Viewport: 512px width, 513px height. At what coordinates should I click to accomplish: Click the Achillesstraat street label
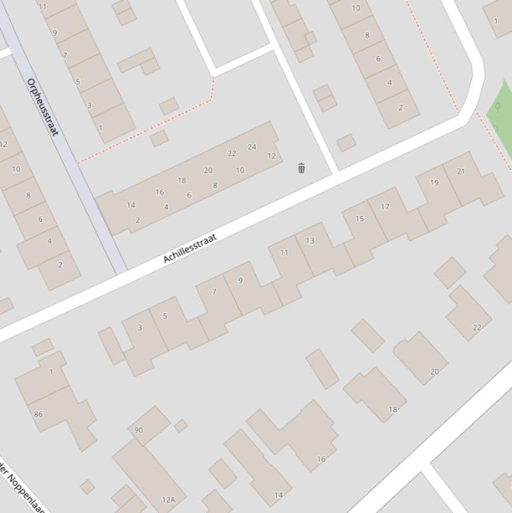[x=190, y=249]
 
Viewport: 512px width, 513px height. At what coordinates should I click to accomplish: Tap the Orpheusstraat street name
[x=43, y=107]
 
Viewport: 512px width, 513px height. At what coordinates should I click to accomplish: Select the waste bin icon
[x=302, y=168]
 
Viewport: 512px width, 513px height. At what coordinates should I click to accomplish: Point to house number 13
[x=310, y=241]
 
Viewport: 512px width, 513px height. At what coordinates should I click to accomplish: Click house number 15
[x=360, y=219]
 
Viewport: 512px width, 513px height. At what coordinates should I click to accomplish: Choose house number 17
[x=385, y=207]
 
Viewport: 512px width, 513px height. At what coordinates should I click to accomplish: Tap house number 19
[x=434, y=183]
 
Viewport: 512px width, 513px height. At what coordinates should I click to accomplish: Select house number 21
[x=461, y=171]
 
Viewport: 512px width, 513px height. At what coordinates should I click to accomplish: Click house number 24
[x=252, y=147]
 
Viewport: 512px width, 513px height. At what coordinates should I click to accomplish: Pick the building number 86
[x=38, y=414]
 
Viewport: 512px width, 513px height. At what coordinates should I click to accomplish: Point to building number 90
[x=138, y=430]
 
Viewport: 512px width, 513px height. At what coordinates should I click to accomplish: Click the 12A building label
[x=168, y=500]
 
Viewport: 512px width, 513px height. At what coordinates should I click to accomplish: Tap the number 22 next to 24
[x=232, y=153]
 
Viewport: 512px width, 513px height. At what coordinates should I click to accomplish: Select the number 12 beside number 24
[x=272, y=156]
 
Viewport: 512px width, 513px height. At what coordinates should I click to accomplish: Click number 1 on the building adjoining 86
[x=51, y=372]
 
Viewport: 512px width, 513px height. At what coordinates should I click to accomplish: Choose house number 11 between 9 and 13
[x=284, y=253]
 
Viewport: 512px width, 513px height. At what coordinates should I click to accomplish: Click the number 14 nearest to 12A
[x=278, y=495]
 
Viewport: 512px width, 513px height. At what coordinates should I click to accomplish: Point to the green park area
[x=501, y=113]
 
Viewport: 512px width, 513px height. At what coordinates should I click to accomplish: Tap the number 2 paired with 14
[x=138, y=220]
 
